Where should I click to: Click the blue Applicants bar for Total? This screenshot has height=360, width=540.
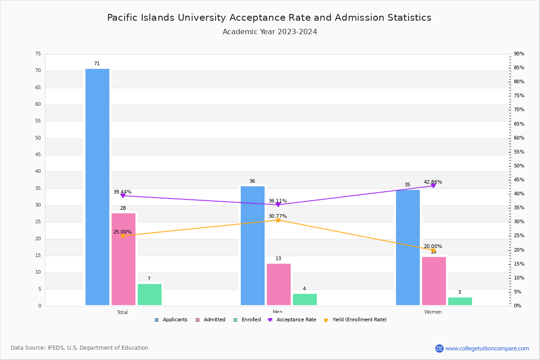[97, 187]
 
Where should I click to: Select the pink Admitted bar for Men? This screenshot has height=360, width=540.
[279, 284]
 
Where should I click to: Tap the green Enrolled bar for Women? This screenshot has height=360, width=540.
[460, 301]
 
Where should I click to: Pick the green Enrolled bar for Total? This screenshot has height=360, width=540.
[149, 294]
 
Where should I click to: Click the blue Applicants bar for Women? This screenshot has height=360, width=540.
[408, 247]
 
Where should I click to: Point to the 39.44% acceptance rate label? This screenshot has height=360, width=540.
[122, 192]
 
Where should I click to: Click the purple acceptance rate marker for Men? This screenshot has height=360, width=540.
[278, 205]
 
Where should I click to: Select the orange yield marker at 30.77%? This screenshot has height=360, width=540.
[278, 220]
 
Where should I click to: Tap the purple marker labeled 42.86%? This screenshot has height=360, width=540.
[433, 185]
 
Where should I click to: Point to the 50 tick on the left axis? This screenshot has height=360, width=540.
[38, 138]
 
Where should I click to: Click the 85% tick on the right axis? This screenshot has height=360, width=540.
[519, 68]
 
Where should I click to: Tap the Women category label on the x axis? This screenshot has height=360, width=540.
[433, 312]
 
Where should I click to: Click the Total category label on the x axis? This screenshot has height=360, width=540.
[122, 312]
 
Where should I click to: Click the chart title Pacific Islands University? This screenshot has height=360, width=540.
[269, 18]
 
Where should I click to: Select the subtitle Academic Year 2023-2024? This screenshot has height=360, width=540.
[270, 32]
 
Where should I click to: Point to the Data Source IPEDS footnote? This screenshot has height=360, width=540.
[80, 348]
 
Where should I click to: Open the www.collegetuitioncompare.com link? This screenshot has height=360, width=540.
[487, 348]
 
